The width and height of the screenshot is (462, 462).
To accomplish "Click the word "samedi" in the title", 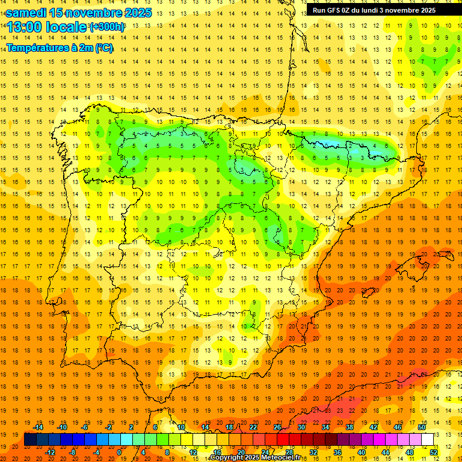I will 26,13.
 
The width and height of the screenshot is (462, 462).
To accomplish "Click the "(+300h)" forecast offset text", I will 107,27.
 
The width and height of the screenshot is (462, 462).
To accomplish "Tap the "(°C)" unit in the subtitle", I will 103,48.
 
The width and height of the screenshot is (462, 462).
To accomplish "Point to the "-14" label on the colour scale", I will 38,427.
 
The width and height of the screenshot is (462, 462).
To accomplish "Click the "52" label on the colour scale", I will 434,452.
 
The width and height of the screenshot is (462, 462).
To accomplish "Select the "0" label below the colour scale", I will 119,452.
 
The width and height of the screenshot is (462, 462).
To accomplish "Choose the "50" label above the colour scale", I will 421,427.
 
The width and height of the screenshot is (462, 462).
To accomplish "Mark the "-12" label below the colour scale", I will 50,452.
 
